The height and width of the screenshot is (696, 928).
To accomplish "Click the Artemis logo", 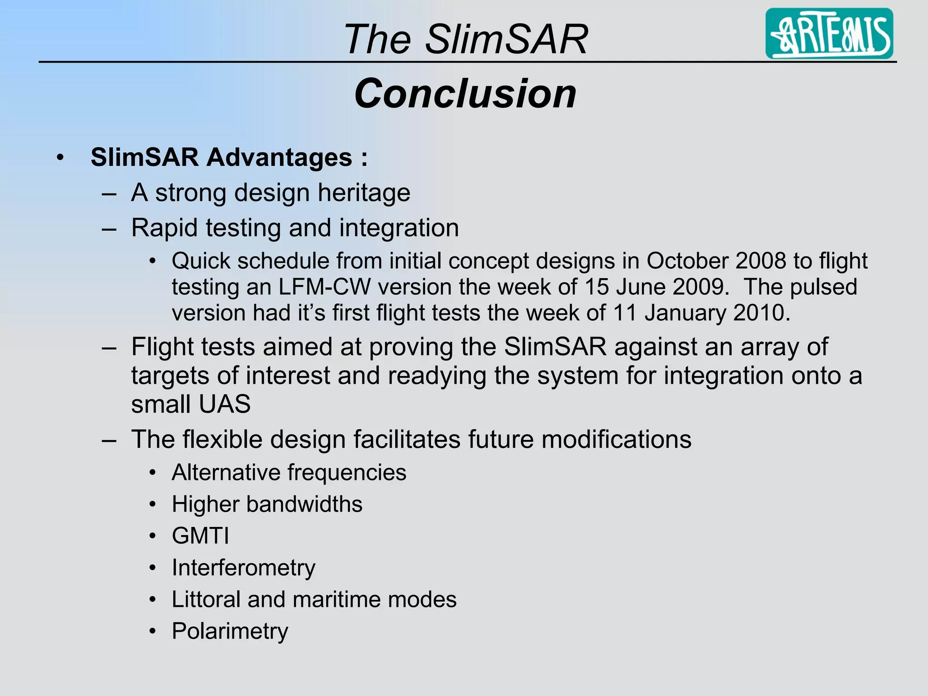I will [829, 34].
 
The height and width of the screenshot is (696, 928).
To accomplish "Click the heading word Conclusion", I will [465, 93].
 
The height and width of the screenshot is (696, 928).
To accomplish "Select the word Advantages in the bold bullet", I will [280, 157].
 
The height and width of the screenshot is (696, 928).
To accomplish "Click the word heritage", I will [364, 193].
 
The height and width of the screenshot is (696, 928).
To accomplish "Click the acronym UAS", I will [224, 404].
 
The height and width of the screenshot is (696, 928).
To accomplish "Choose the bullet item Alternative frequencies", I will [289, 473].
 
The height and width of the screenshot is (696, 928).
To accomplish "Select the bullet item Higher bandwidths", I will [267, 504].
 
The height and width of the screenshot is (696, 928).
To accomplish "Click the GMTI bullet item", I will [200, 536].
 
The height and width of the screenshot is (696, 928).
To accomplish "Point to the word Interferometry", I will [243, 568].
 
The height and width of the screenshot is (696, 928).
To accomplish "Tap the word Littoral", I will [206, 599].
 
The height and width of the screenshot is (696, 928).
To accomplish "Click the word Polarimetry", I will [230, 631].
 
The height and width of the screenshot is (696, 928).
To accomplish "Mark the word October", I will [687, 261].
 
